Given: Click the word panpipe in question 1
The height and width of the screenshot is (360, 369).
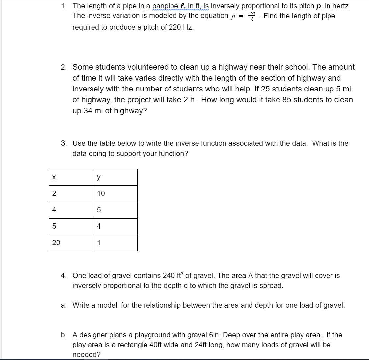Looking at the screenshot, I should click(x=165, y=6).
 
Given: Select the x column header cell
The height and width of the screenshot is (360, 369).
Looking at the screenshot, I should click(x=71, y=177).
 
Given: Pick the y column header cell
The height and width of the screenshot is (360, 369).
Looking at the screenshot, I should click(x=115, y=177).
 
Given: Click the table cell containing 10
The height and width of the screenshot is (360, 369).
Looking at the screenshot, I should click(x=115, y=193).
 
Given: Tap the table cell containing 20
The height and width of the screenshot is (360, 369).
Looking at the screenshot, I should click(x=71, y=243).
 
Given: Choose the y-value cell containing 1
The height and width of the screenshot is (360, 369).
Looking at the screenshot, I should click(x=115, y=243).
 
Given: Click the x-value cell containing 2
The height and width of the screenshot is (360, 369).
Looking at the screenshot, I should click(x=71, y=193).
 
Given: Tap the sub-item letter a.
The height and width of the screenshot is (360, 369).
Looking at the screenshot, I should click(x=63, y=305).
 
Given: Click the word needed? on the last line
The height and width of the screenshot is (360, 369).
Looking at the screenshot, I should click(x=87, y=355).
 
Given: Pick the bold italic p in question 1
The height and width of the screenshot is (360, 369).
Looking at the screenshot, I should click(x=318, y=6).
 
